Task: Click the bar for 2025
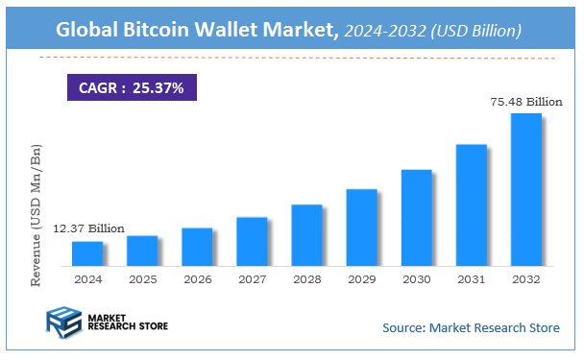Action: pos(142,251)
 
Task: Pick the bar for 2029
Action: pos(361,228)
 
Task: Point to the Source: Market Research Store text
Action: pos(471,328)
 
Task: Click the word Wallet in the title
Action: pos(237,31)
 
